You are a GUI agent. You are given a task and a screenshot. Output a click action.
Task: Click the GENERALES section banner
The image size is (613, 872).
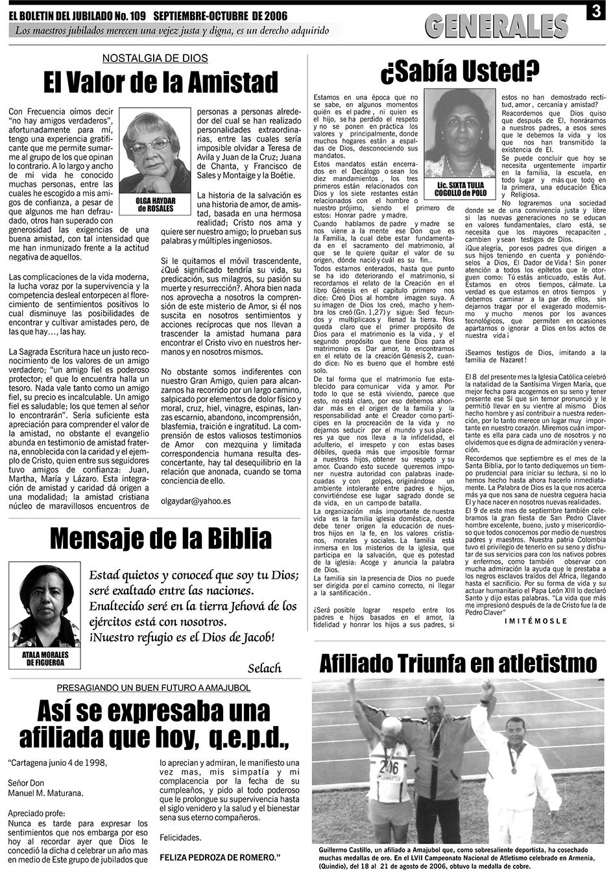coord(496,27)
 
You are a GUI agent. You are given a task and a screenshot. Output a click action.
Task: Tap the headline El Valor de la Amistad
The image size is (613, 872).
coord(161,83)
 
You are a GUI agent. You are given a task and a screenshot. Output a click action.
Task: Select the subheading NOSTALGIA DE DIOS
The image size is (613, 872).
coord(155,58)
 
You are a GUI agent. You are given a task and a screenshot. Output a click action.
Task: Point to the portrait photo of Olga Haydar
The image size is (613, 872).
coord(155,151)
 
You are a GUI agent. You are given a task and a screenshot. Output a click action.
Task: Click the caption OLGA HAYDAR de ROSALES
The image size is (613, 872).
coord(155,205)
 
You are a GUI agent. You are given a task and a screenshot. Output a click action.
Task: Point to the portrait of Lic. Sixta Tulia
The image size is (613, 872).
coord(459,133)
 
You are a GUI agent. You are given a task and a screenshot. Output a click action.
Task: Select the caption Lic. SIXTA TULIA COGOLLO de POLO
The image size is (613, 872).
coord(460,189)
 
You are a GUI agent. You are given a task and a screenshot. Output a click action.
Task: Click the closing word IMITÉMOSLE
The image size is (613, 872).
coord(535,621)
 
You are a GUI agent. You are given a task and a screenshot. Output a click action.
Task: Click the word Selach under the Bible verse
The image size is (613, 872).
coord(265,668)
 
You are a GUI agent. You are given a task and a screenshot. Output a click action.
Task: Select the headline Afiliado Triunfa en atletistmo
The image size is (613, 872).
coord(458,663)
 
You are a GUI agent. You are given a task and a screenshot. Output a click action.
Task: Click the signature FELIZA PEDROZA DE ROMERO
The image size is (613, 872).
coord(220,857)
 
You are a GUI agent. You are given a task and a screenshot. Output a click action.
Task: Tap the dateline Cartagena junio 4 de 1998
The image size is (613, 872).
coord(56,762)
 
